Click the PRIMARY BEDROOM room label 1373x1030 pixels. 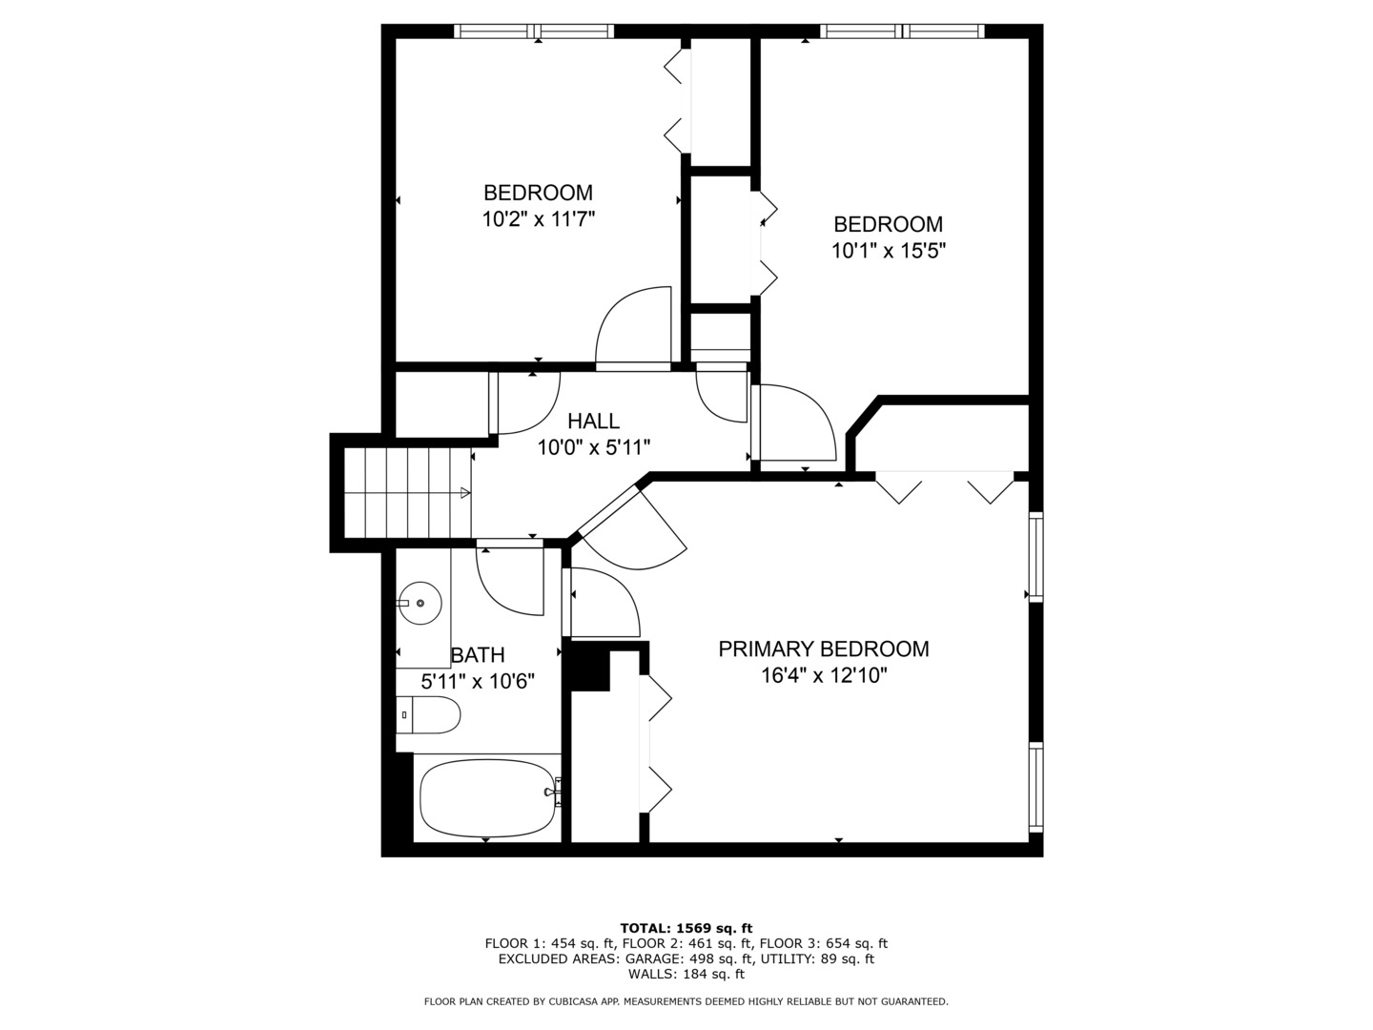(x=823, y=649)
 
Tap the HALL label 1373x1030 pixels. (x=593, y=421)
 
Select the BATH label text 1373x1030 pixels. (x=478, y=655)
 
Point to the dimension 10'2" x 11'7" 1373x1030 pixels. (x=538, y=219)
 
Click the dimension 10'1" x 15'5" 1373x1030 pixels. (x=888, y=251)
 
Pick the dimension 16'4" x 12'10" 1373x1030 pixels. (x=823, y=676)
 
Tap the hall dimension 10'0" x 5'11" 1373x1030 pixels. (x=593, y=446)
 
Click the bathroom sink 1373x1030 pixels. (x=420, y=603)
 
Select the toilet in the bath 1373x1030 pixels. (x=429, y=714)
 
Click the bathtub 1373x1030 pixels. (x=487, y=796)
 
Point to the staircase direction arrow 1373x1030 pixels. (x=464, y=492)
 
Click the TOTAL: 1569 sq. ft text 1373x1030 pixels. (x=686, y=928)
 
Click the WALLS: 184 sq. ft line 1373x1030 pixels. (x=686, y=974)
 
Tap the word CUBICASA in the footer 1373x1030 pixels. (x=581, y=1001)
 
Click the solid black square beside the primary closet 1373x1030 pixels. (x=588, y=669)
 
